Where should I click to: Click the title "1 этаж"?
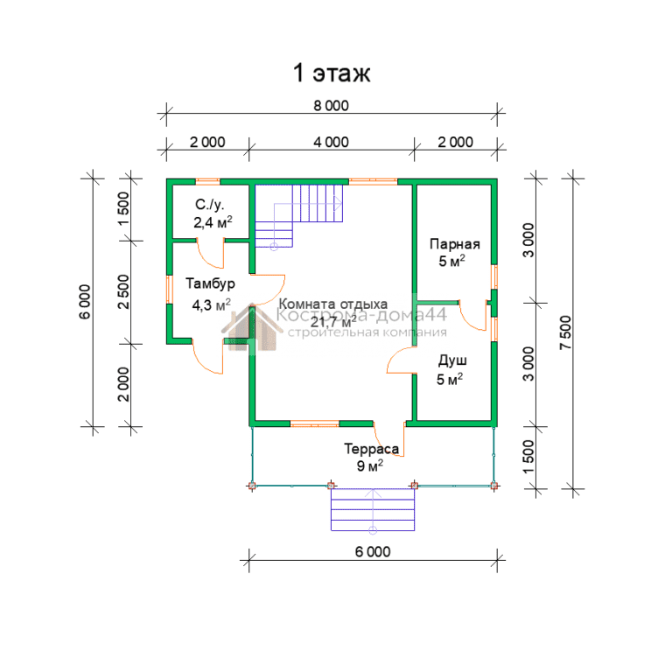coord(332,73)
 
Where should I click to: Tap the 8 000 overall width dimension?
coord(331,105)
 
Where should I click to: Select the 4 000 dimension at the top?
coord(331,142)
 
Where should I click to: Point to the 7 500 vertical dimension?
coord(566,332)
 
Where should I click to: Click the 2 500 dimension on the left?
coord(123,292)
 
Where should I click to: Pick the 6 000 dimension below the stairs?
coord(373,551)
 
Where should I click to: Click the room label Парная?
coord(455,244)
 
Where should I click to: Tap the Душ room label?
coord(452,360)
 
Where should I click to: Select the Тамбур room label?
coord(210,283)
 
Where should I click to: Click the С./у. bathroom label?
coord(210,205)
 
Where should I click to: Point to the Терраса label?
coord(372,449)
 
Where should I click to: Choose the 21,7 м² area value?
coord(333,321)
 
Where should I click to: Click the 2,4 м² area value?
coord(213,222)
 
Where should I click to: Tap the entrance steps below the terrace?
coord(373,509)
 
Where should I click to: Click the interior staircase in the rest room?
coord(298,215)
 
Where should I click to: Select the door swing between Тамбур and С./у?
coord(210,255)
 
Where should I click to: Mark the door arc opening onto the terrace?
coord(388,441)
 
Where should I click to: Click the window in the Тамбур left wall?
coord(169,290)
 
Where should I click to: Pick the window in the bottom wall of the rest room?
coord(315,423)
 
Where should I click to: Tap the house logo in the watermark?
coord(252,327)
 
